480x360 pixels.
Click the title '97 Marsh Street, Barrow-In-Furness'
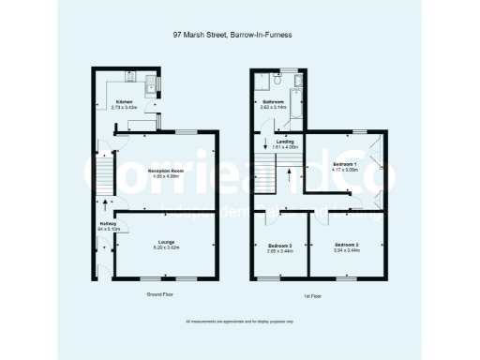tap(240, 37)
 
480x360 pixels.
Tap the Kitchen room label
tap(124, 101)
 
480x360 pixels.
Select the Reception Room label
tap(165, 170)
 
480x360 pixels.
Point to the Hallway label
tap(106, 222)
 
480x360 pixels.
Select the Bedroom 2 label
tap(346, 243)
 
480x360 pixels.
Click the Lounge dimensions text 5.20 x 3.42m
tap(165, 248)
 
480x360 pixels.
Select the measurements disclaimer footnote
tap(240, 322)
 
